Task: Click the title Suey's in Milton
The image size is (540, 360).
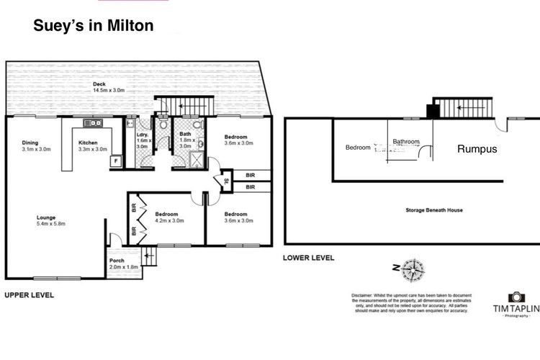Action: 94,27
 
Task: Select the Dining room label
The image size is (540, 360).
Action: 30,145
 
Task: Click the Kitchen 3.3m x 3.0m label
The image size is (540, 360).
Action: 92,145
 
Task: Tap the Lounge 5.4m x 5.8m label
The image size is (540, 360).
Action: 51,220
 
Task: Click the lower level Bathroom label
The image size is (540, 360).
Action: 405,143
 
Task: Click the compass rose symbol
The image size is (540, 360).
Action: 413,269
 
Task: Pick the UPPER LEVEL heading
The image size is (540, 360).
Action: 30,295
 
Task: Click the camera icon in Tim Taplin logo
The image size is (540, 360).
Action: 516,297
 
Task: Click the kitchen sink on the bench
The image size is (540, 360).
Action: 93,123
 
